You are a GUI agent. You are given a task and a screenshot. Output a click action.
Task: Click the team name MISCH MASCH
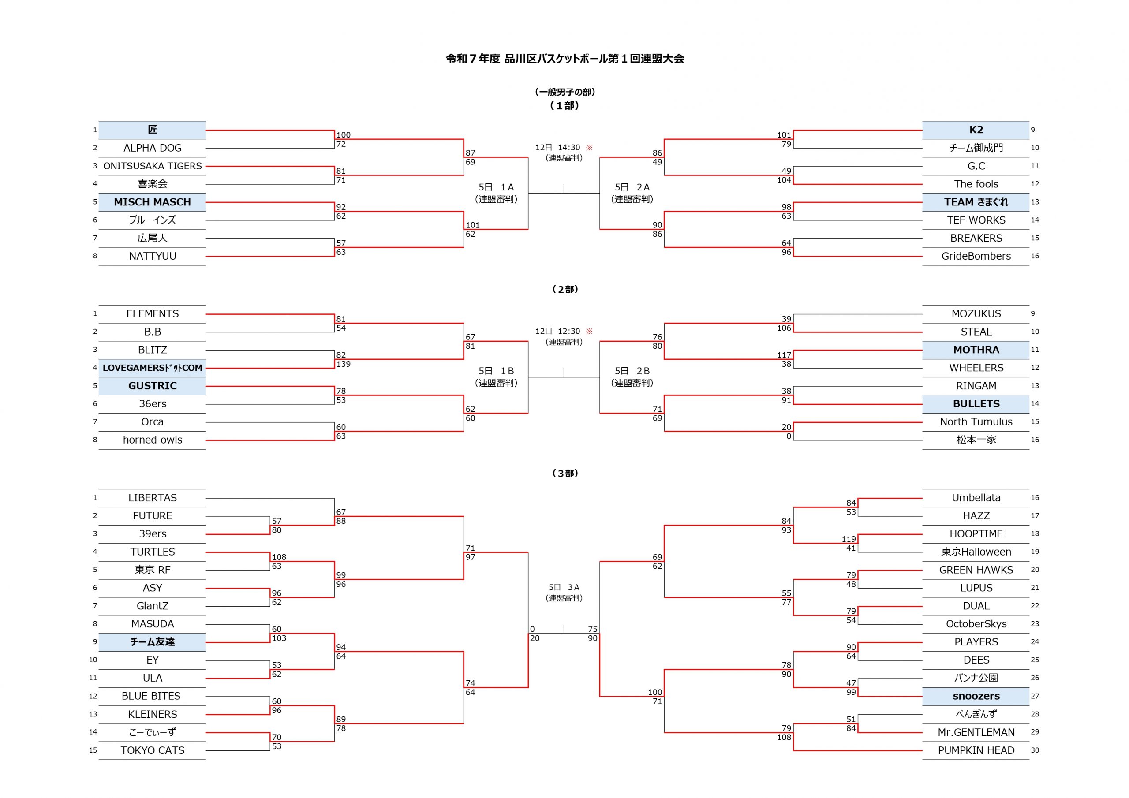point(153,202)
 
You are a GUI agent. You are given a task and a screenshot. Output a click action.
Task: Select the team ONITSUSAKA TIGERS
point(153,166)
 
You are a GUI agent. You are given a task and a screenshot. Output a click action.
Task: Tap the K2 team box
point(976,130)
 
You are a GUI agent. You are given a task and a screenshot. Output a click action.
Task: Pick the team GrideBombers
point(976,256)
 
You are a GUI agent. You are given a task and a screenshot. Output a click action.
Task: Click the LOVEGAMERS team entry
point(153,368)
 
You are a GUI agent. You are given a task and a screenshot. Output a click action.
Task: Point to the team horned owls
point(153,440)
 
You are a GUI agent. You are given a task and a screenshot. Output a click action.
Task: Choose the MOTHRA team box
point(976,350)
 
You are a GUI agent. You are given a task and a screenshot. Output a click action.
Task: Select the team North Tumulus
point(976,422)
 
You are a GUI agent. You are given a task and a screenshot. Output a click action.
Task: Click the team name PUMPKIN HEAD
point(976,750)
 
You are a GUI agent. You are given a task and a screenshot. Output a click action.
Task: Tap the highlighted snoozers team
point(976,696)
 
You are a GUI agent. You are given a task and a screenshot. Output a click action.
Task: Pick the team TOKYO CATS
point(153,750)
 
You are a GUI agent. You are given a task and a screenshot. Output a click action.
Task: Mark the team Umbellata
point(976,498)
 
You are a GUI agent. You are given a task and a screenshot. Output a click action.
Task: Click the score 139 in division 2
point(343,364)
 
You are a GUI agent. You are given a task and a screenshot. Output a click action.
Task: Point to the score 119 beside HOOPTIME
point(849,539)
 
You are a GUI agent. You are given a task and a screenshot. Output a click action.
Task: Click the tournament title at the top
point(564,59)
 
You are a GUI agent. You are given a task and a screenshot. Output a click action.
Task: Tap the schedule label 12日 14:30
point(557,148)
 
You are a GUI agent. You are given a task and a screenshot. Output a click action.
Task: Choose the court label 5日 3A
point(564,588)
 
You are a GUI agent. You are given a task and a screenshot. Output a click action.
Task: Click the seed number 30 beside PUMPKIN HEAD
point(1035,750)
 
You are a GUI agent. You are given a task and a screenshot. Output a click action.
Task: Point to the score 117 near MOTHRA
point(784,355)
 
